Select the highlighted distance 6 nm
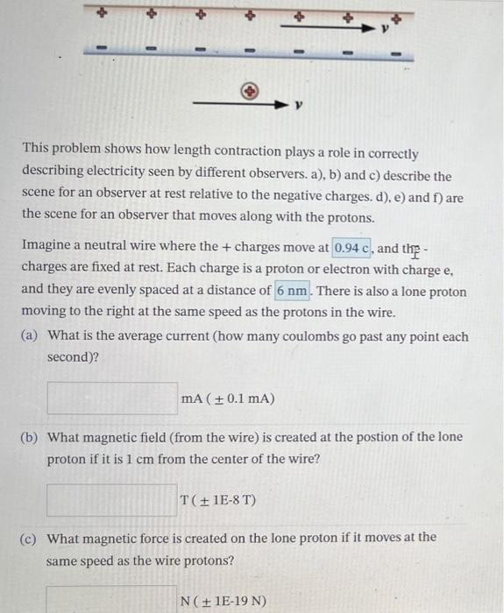tap(293, 291)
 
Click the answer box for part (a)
tap(111, 398)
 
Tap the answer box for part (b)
tap(111, 500)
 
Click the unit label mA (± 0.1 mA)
tap(227, 399)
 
